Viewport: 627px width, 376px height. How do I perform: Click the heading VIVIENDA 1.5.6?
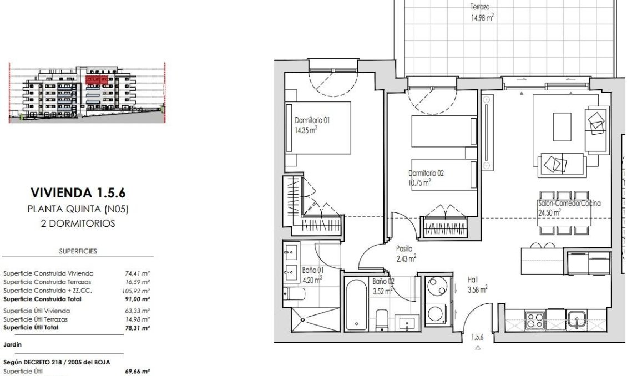(78, 193)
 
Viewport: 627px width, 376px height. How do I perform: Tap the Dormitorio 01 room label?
(307, 125)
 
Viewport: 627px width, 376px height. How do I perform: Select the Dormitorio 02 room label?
(426, 177)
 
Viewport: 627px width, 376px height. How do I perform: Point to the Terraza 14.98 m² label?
(482, 12)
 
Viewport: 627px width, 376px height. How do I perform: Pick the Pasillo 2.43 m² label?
(406, 253)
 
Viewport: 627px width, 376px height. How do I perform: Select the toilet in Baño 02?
(382, 320)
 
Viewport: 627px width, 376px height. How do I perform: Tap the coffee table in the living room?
(562, 128)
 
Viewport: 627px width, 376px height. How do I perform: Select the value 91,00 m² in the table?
(138, 299)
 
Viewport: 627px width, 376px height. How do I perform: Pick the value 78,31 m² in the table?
(138, 328)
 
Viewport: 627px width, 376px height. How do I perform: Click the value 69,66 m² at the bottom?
(138, 371)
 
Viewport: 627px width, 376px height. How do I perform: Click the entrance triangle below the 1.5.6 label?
(478, 348)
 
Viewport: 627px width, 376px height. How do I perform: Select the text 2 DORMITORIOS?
(78, 224)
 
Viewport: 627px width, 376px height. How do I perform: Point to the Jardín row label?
(13, 344)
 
